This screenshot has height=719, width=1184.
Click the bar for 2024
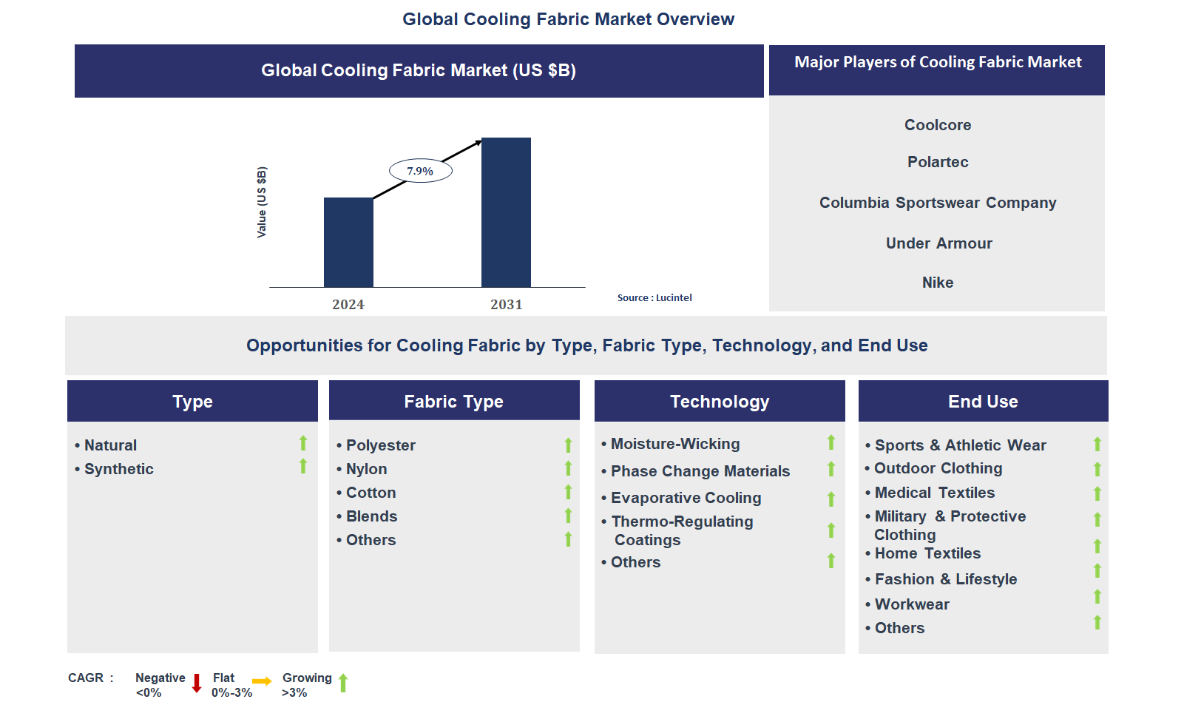(x=348, y=242)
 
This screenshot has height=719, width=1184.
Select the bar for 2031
(x=506, y=212)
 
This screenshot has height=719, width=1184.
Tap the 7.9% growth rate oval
(x=421, y=171)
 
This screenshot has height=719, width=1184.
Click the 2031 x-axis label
(x=507, y=305)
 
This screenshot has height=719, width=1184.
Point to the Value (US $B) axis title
(x=262, y=202)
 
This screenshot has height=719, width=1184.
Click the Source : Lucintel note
(x=654, y=297)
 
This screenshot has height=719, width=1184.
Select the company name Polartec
(x=938, y=162)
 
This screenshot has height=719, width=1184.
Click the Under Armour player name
(x=938, y=243)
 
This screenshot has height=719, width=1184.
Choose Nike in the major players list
(x=938, y=283)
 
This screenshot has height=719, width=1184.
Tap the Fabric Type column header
(x=454, y=401)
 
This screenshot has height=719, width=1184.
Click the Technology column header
(x=720, y=401)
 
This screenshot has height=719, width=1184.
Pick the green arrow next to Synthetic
(x=303, y=466)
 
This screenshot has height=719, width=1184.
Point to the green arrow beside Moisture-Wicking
(x=831, y=442)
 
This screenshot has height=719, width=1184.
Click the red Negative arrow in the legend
(x=197, y=683)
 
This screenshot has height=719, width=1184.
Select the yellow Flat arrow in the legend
(x=262, y=681)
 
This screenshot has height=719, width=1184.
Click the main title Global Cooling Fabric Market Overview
(x=568, y=19)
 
